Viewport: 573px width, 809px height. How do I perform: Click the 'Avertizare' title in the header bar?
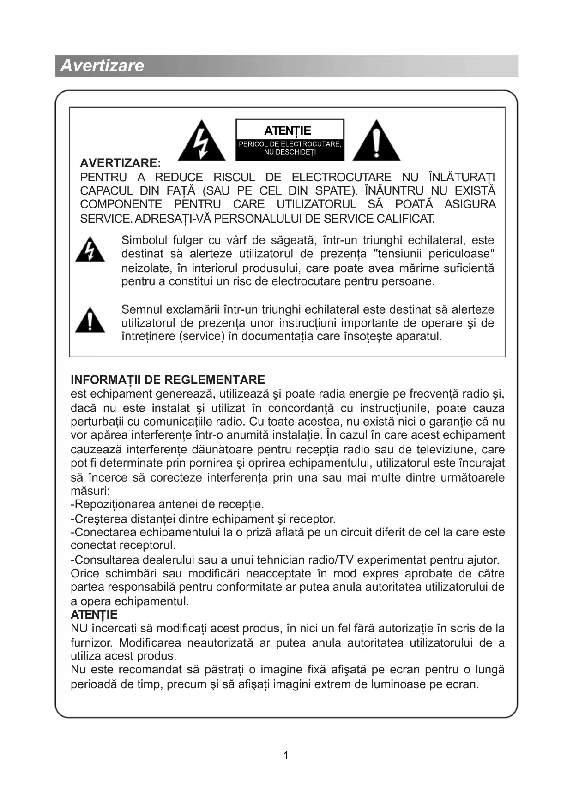[x=102, y=65]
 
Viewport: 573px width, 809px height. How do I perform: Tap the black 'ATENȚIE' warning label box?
[x=290, y=140]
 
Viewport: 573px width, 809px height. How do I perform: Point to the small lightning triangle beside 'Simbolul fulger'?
[x=90, y=250]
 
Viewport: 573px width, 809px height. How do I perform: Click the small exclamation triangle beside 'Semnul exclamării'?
[x=90, y=320]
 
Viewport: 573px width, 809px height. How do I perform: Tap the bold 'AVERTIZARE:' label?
[x=121, y=163]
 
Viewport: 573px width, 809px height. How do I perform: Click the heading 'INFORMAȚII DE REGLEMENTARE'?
[x=168, y=380]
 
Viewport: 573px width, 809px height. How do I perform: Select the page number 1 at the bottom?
[x=286, y=755]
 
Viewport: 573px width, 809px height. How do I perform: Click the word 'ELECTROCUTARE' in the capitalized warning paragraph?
[x=341, y=177]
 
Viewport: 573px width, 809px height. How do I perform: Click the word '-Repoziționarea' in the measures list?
[x=113, y=504]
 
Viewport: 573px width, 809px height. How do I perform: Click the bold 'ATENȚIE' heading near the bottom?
[x=94, y=614]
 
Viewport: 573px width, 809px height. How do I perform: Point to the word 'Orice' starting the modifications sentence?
[x=85, y=574]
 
